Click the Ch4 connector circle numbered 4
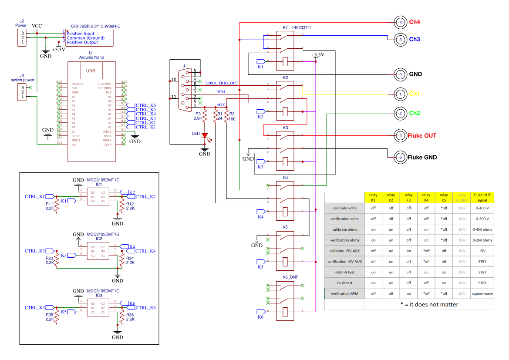(x=400, y=22)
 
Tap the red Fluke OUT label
(x=422, y=136)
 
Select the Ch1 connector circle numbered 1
(x=400, y=94)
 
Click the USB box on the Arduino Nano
(x=91, y=71)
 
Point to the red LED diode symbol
(x=204, y=136)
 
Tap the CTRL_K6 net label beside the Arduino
(x=146, y=105)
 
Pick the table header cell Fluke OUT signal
(x=482, y=198)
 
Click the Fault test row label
(x=344, y=283)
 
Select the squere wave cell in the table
(x=482, y=293)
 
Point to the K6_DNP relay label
(x=291, y=277)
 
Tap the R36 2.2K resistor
(x=118, y=316)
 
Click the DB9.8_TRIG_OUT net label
(x=222, y=83)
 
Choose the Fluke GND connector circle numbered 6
(x=400, y=158)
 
